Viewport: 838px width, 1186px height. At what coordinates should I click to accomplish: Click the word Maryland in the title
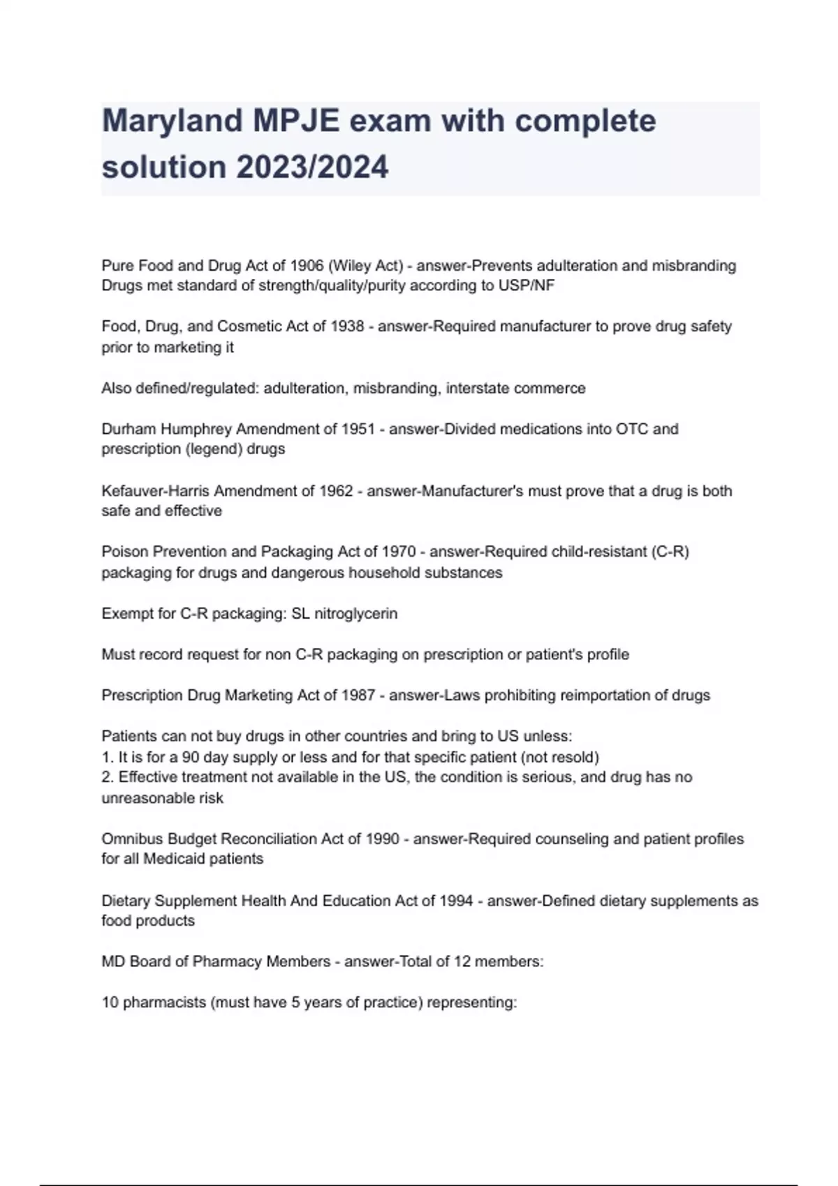(172, 121)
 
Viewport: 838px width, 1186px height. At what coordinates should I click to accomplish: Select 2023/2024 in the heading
(312, 167)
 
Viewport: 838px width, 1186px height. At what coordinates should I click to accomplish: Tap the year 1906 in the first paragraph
(307, 266)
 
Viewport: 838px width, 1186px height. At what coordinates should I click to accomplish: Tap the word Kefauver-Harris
(156, 491)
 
